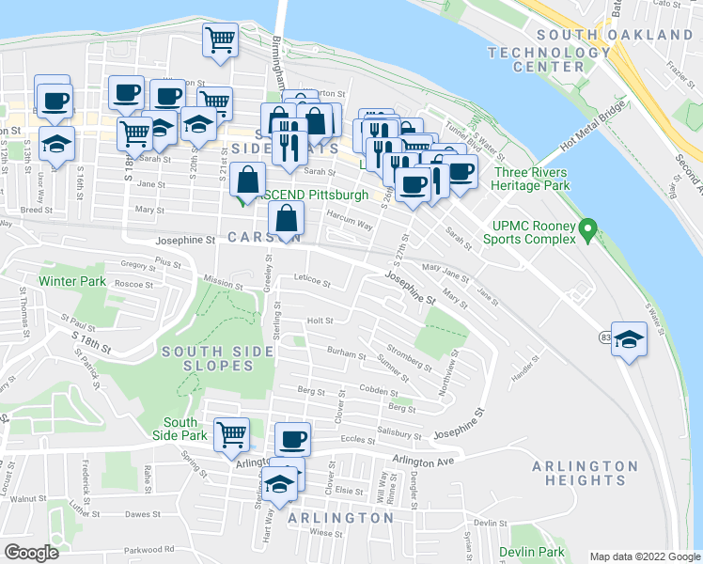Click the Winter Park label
[72, 281]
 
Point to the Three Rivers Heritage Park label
[532, 179]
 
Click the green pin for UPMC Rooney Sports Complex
[587, 227]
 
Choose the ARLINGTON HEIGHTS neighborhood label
[585, 473]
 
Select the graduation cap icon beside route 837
[631, 339]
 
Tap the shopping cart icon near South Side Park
[231, 434]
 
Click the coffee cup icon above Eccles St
[293, 439]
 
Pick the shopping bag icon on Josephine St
[286, 221]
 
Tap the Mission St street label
[223, 279]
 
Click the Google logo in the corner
[32, 553]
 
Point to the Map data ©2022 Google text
[643, 556]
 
